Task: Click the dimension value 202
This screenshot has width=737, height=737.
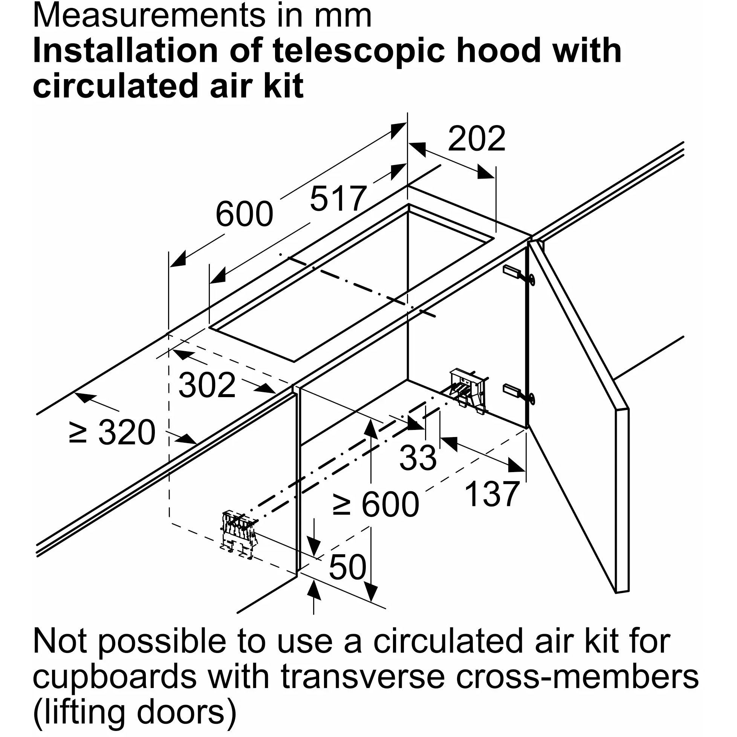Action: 477,139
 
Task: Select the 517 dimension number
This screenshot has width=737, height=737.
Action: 338,199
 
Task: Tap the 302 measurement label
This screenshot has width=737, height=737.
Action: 207,386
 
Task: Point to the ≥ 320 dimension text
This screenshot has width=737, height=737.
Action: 112,433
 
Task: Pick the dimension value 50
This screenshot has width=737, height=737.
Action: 347,567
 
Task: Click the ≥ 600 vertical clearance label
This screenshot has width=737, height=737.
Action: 375,505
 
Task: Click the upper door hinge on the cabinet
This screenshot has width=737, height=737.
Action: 519,274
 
